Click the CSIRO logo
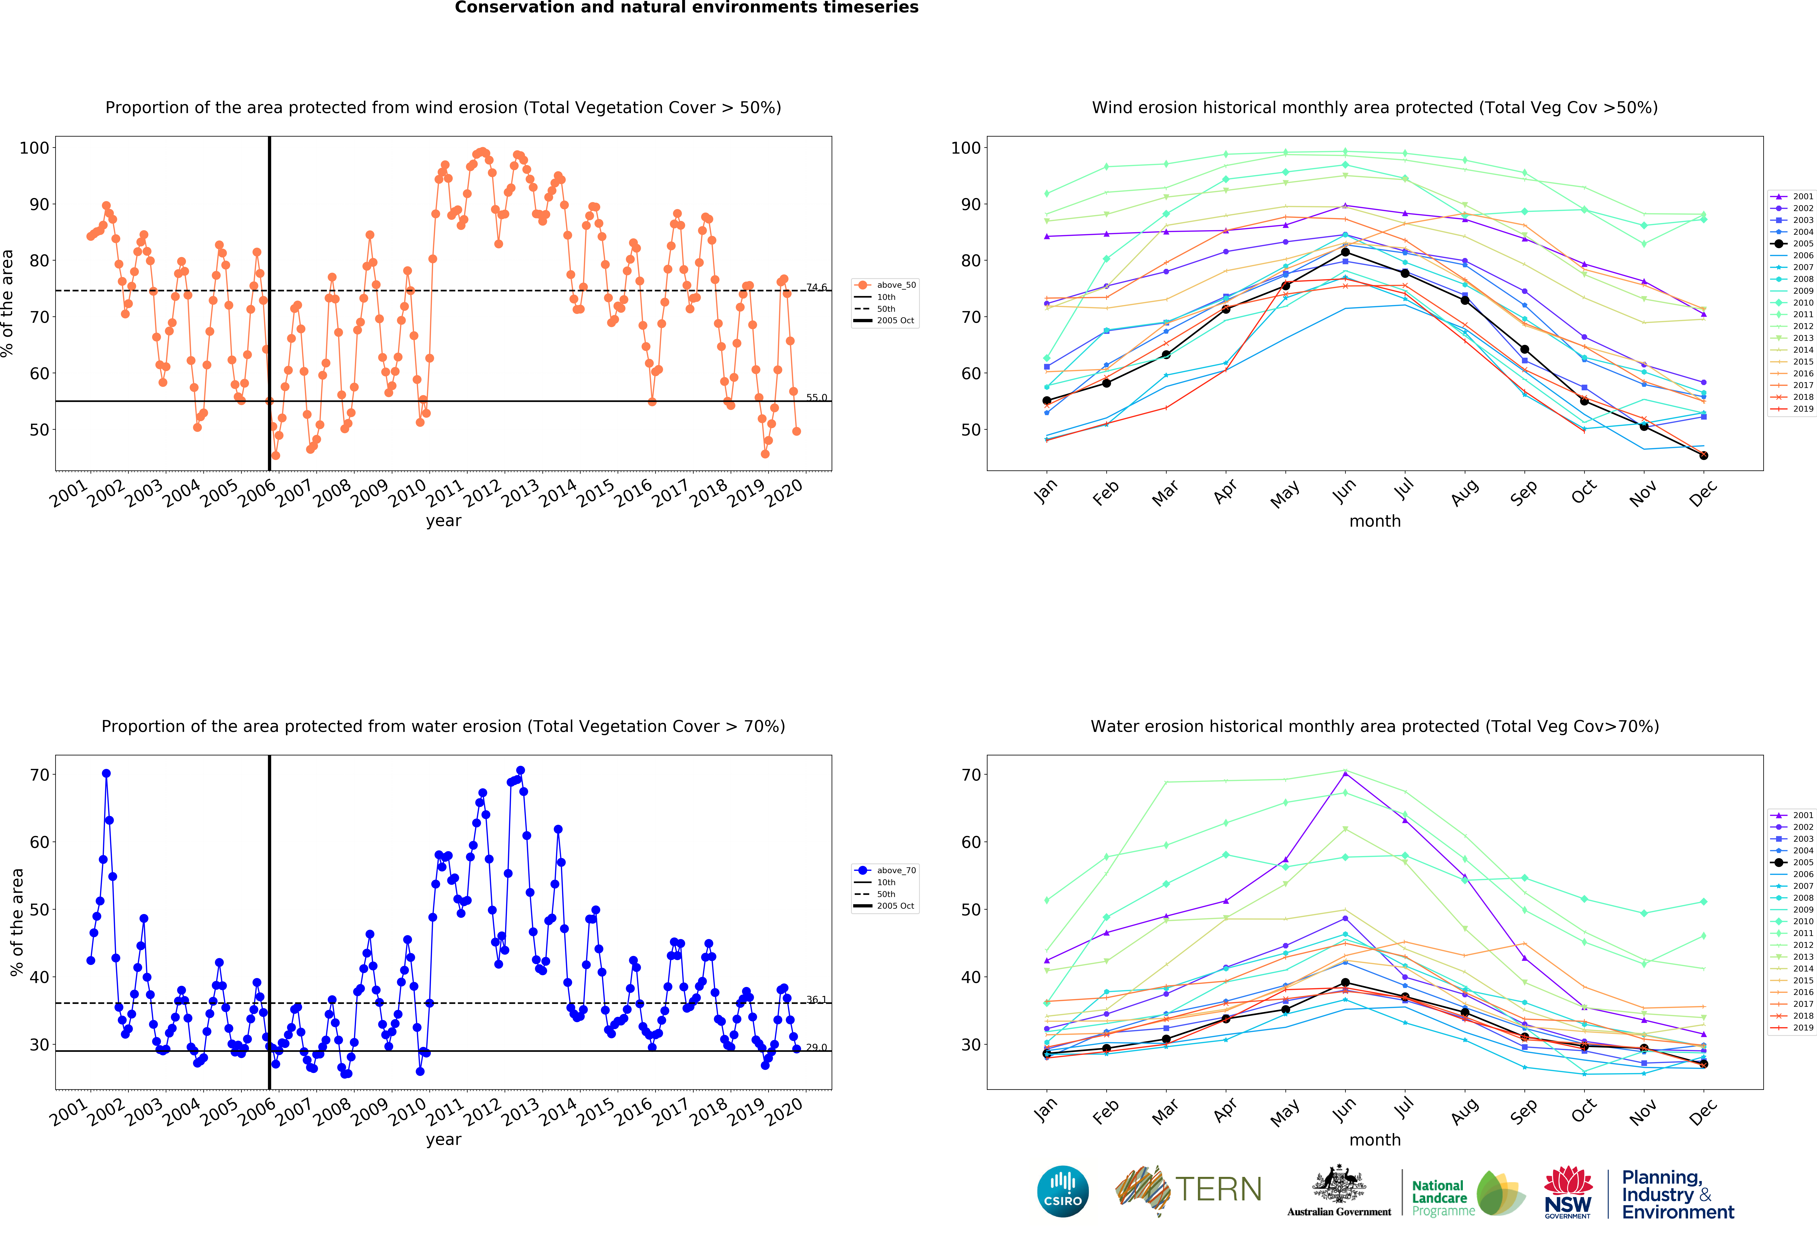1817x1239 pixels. point(1063,1191)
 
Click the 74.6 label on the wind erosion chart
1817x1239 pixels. point(816,287)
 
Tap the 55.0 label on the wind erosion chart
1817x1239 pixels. point(816,397)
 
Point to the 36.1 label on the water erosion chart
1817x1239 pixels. point(816,1000)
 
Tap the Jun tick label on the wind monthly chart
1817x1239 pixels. point(1343,491)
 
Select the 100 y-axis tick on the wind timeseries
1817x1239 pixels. point(34,148)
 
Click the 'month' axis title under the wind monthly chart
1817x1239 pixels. point(1374,521)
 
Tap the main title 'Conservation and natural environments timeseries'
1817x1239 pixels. point(686,8)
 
